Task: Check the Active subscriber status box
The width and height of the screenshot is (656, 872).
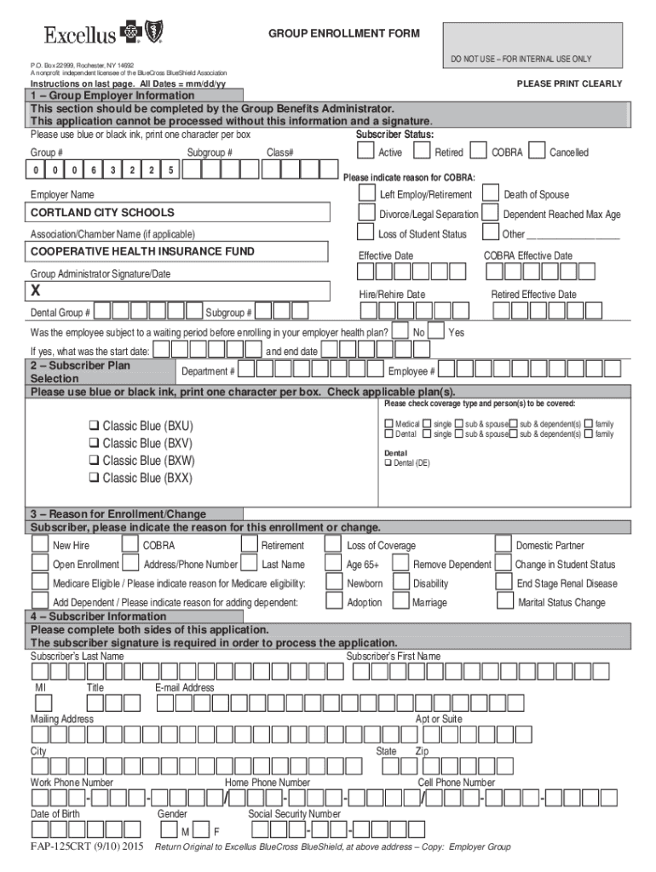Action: [365, 151]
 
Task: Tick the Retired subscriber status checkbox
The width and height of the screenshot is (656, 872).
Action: [422, 151]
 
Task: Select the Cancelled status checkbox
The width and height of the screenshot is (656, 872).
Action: [537, 151]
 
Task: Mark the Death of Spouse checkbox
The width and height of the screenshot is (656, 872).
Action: [491, 194]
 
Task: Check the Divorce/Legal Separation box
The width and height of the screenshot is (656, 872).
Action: [365, 213]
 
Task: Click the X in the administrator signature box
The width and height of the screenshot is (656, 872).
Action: [36, 290]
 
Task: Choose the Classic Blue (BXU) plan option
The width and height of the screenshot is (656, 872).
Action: [94, 426]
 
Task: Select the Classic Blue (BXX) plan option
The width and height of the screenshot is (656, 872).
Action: [94, 479]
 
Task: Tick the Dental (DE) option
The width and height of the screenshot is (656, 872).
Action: [388, 463]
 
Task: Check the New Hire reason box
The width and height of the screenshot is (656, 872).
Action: [39, 544]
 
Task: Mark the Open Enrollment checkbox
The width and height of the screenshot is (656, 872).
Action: [39, 564]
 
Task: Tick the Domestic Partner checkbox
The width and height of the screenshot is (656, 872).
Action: [502, 544]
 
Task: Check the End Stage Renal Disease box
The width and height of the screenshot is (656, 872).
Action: [502, 582]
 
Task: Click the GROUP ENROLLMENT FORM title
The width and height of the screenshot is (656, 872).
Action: [344, 33]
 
